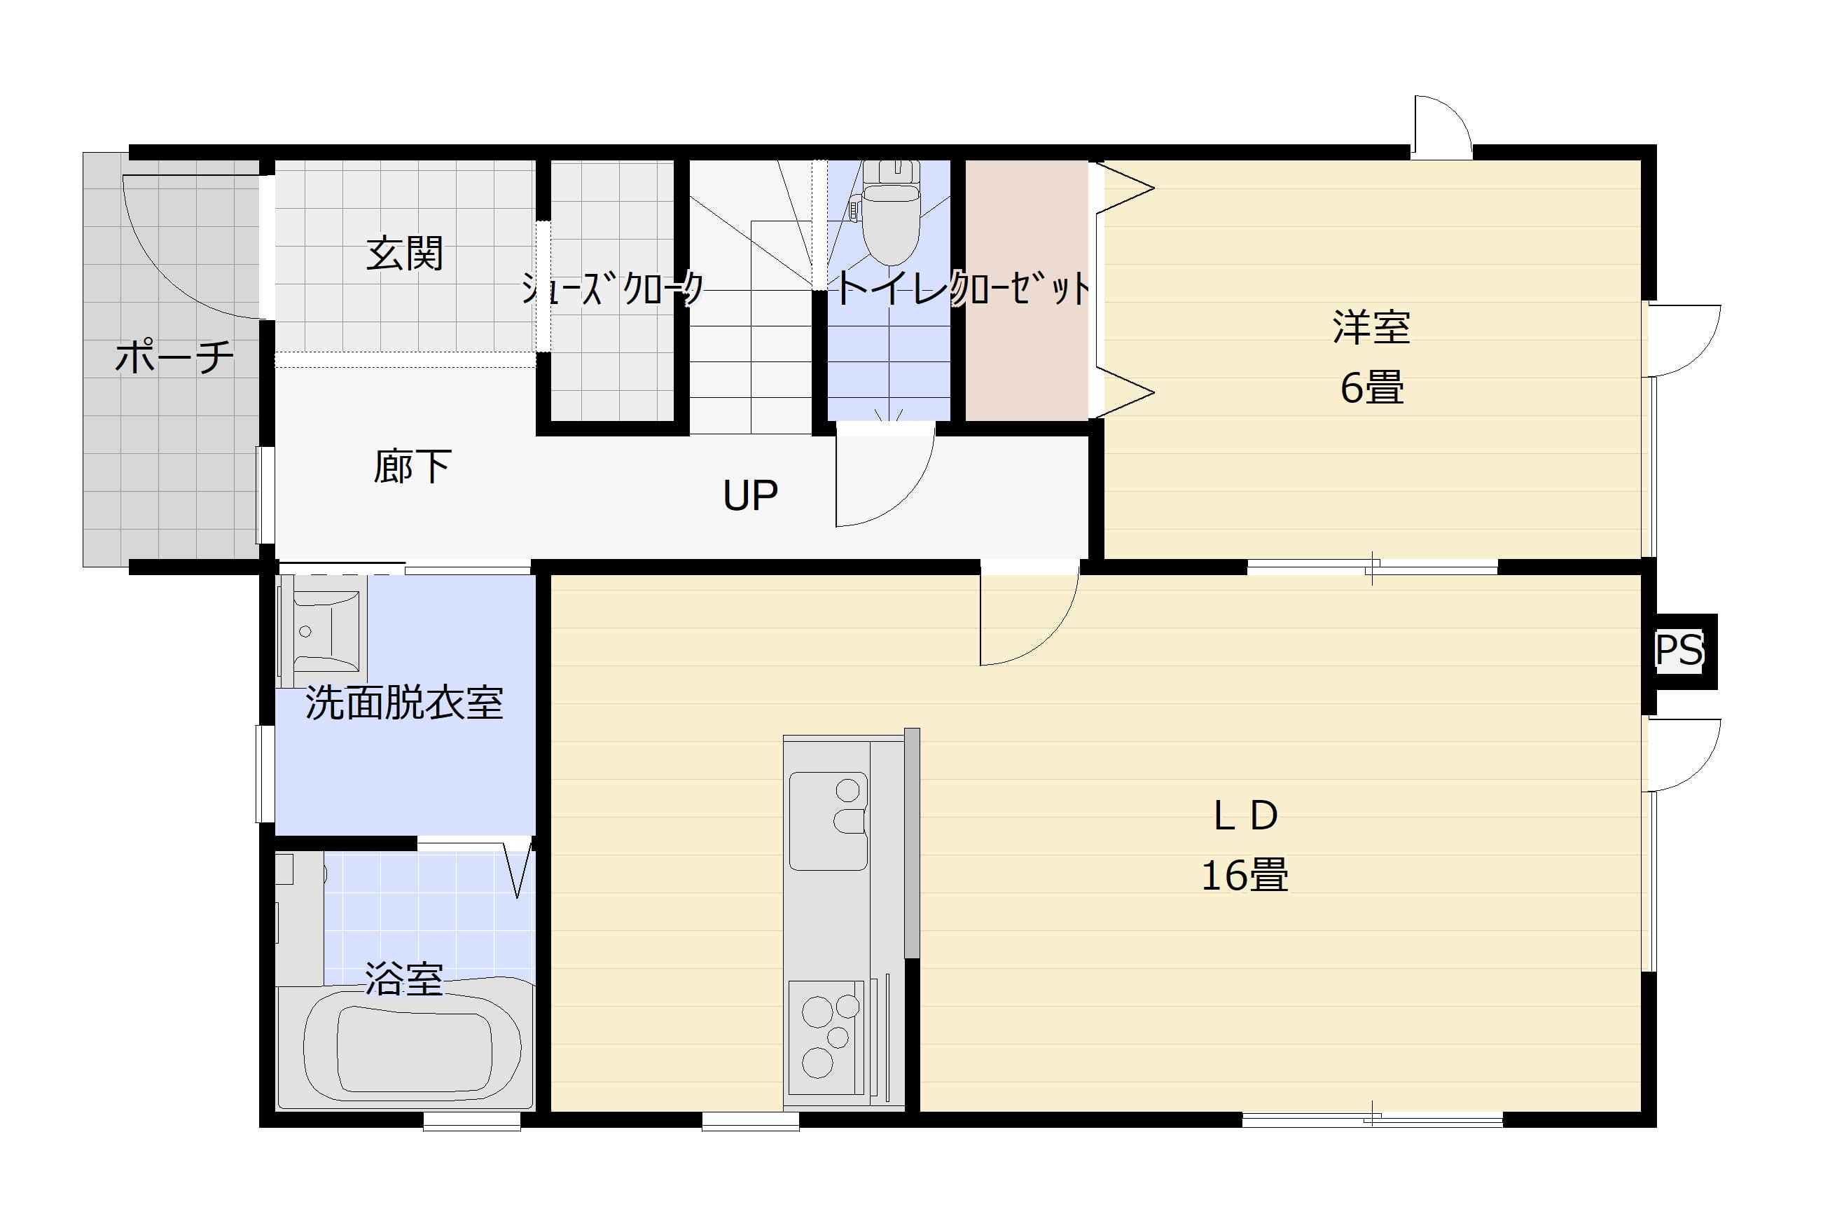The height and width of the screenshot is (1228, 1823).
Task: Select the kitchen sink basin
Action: (x=827, y=821)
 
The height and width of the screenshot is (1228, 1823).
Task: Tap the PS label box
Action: (x=1679, y=651)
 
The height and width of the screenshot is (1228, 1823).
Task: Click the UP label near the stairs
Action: (x=750, y=495)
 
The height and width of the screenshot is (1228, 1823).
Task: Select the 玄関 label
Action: (x=405, y=254)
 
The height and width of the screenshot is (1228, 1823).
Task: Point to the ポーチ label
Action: (x=174, y=357)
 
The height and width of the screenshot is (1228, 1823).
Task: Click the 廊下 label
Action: (x=412, y=467)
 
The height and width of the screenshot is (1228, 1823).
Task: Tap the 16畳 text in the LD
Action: (x=1245, y=876)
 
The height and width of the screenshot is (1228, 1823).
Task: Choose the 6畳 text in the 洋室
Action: (x=1372, y=387)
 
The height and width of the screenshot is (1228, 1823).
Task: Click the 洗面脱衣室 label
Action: (x=404, y=703)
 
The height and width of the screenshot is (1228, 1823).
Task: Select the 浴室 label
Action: (x=404, y=979)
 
